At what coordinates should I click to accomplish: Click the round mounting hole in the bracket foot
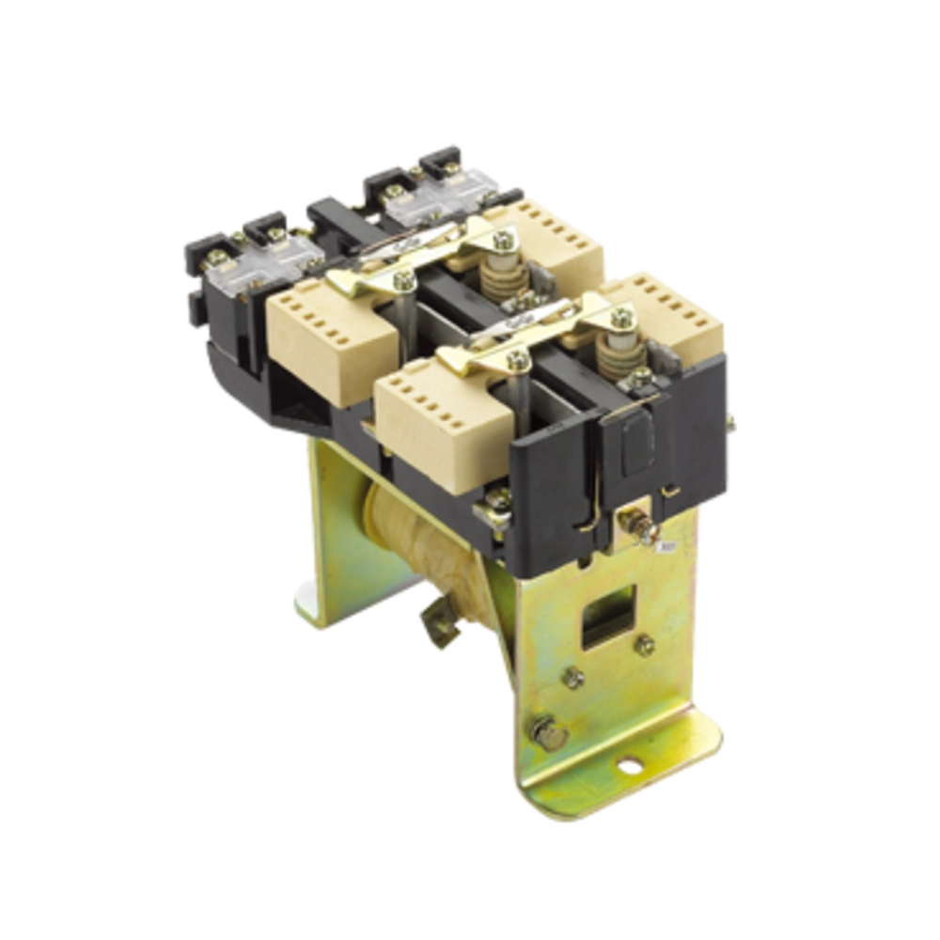(x=629, y=767)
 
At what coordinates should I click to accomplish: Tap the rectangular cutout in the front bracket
(x=608, y=616)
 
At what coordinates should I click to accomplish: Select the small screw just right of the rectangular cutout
(x=645, y=645)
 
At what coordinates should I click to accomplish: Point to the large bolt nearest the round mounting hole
(x=548, y=731)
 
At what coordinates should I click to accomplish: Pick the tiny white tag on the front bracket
(x=668, y=544)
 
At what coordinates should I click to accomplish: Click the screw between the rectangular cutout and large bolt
(x=573, y=677)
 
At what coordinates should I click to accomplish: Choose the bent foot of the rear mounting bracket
(x=320, y=602)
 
